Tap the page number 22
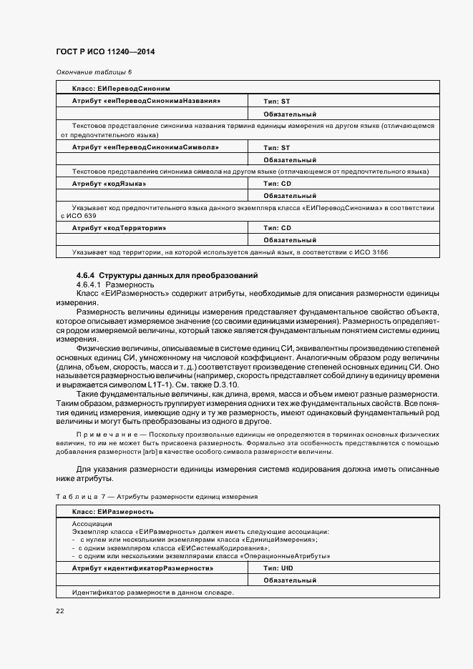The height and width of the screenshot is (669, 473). [59, 611]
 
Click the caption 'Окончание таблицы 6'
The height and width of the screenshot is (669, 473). [94, 72]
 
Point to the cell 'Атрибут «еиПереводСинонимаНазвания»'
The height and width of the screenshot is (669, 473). [146, 101]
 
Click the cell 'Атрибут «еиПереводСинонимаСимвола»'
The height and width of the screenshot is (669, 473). [145, 147]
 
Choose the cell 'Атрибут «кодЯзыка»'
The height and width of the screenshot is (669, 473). [109, 184]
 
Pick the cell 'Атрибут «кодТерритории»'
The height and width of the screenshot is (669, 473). [119, 228]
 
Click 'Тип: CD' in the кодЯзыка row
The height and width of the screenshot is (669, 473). [277, 184]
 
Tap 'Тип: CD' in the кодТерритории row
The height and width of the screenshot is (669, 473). [277, 228]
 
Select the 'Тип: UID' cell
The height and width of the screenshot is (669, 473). [278, 568]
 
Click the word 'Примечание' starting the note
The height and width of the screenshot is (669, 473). [99, 435]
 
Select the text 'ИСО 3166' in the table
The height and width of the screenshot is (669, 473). [373, 252]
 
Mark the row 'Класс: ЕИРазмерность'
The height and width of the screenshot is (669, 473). [112, 512]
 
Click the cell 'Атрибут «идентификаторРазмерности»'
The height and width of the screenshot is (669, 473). [142, 568]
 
